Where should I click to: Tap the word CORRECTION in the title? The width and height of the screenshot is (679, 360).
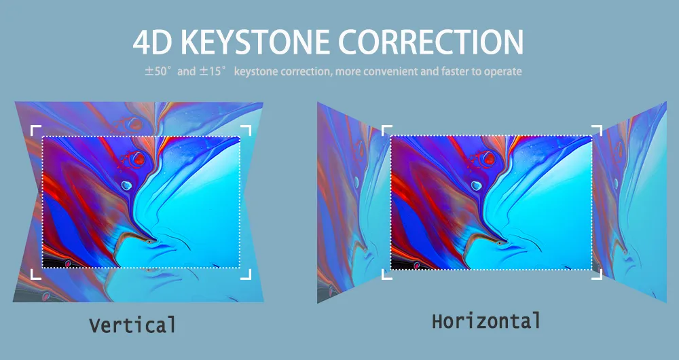(430, 42)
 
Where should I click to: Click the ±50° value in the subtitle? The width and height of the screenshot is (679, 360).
(158, 71)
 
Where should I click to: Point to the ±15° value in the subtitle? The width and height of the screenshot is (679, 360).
(213, 71)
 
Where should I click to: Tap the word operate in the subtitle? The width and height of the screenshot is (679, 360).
(502, 72)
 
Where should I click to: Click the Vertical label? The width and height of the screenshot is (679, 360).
(132, 325)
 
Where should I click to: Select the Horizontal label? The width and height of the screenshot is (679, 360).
(486, 321)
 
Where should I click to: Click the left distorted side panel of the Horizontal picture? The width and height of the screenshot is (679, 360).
(353, 202)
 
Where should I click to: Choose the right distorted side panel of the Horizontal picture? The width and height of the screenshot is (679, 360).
(631, 202)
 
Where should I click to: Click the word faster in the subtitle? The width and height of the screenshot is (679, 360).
(456, 71)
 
